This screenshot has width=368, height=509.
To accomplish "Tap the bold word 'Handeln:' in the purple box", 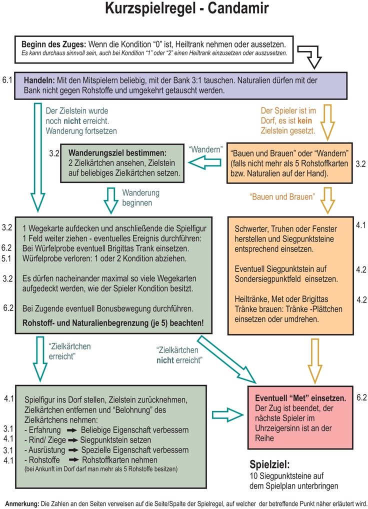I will click(39, 80).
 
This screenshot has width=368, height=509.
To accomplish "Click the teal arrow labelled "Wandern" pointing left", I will click(205, 162).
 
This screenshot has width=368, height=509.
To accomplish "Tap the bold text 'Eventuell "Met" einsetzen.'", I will click(300, 398).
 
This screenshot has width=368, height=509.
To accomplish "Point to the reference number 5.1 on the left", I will click(6, 259).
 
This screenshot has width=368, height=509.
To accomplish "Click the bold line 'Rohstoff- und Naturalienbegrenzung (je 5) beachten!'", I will click(113, 322).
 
